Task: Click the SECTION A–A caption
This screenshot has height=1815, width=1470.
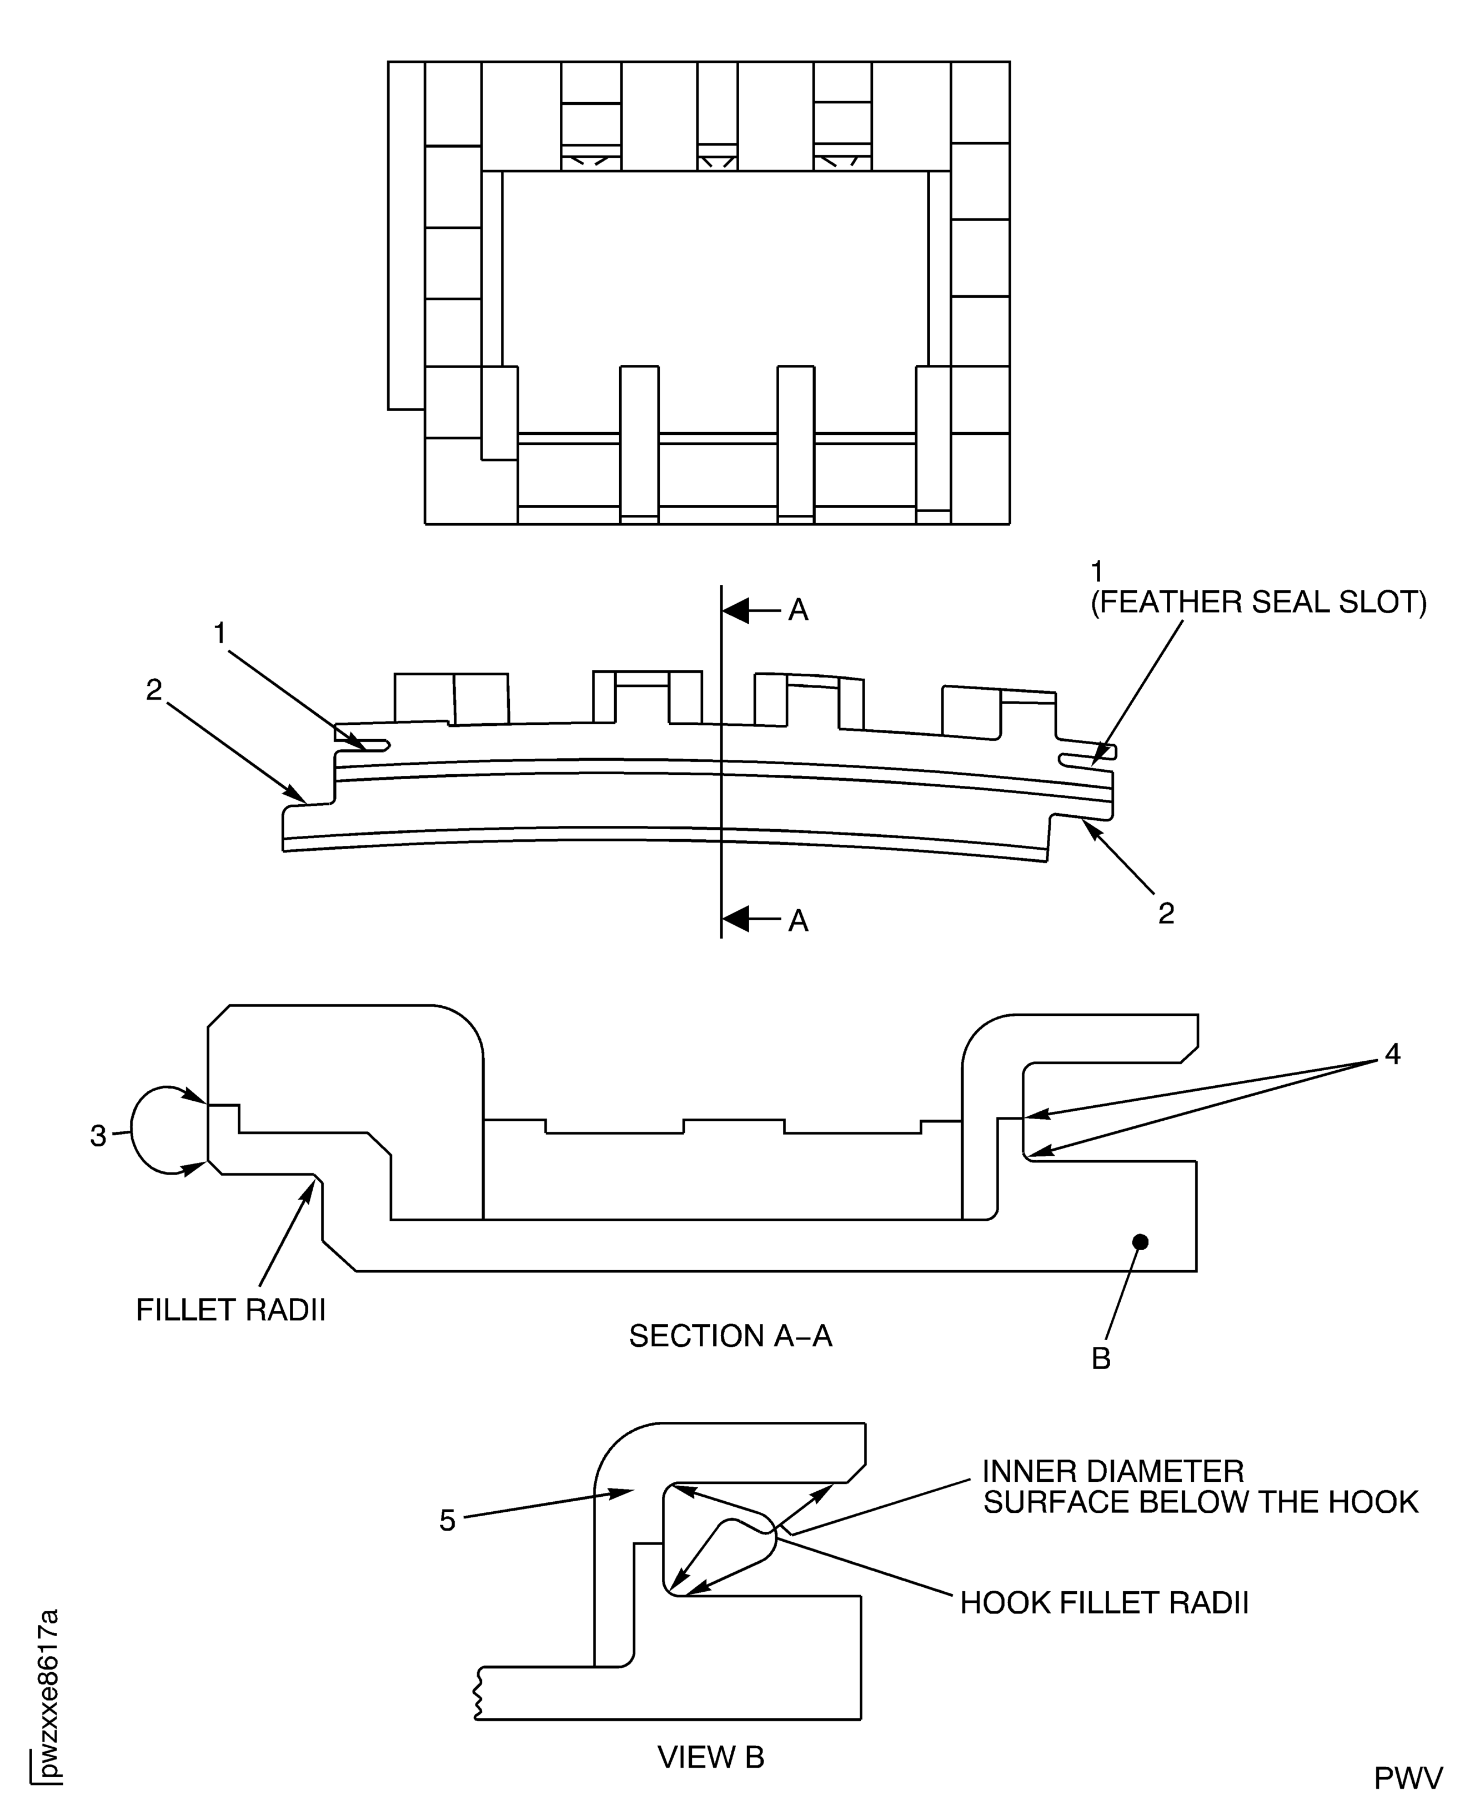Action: pos(730,1336)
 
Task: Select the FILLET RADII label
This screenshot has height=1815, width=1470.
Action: pos(230,1310)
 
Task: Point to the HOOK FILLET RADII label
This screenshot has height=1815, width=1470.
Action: pos(1104,1603)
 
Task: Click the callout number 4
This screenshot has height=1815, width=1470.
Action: pos(1393,1055)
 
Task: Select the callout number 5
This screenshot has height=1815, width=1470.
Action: pos(447,1521)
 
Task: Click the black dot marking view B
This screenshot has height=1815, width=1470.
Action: pos(1141,1242)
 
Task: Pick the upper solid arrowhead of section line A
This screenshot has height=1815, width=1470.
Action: pos(736,610)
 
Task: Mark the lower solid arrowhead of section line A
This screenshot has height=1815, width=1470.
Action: pos(736,919)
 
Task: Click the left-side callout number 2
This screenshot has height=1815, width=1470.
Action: pos(153,690)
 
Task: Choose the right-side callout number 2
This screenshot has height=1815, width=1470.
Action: pos(1166,913)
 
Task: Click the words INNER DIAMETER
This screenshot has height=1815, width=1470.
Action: pos(1113,1471)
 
